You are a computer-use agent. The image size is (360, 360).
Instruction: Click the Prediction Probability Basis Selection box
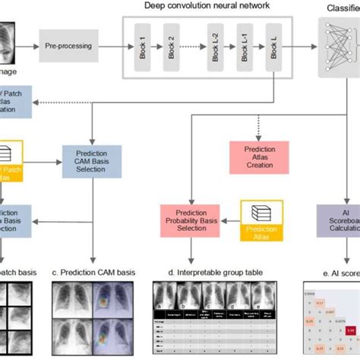pos(191,220)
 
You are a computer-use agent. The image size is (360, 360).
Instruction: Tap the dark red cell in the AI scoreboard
pos(351,330)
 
